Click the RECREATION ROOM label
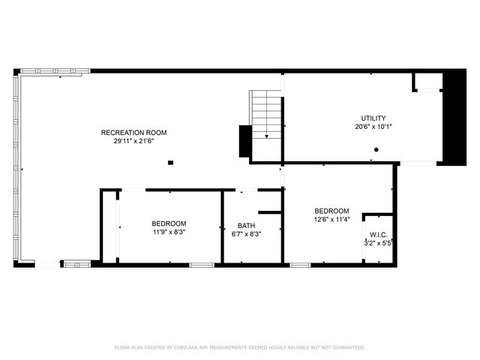pos(133,133)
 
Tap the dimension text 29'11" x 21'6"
pos(133,141)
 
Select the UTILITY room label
pos(373,118)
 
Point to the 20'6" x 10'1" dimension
pos(373,127)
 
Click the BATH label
pos(246,226)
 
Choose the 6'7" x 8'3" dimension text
pos(246,234)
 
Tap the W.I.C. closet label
pos(377,235)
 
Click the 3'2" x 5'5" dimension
pos(379,243)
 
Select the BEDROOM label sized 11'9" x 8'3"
pos(169,223)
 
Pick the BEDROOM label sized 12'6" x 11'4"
pos(331,211)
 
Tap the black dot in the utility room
pos(376,149)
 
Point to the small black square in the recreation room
pos(171,161)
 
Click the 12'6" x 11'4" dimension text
pos(331,219)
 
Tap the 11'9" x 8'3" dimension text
pos(169,232)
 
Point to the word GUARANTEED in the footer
pos(349,348)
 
